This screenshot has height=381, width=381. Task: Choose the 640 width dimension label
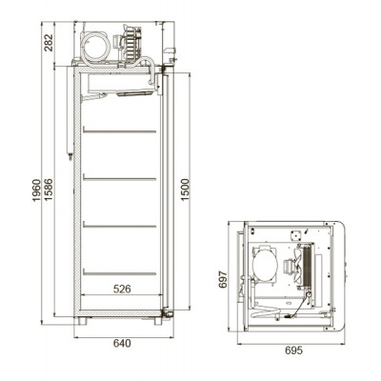pyautogui.click(x=121, y=344)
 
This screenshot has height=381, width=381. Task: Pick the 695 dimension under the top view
pyautogui.click(x=293, y=351)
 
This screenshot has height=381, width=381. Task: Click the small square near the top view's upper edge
pyautogui.click(x=297, y=231)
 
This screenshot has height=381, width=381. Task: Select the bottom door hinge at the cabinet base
pyautogui.click(x=166, y=313)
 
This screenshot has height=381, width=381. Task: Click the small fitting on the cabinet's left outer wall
pyautogui.click(x=70, y=150)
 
